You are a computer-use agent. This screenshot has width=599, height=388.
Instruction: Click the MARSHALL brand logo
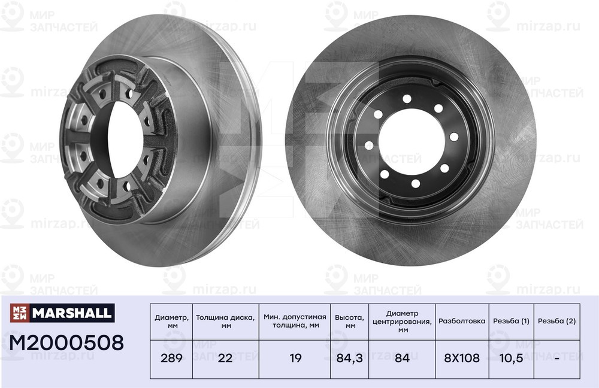click(x=62, y=313)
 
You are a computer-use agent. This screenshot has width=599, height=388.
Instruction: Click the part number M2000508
click(x=66, y=342)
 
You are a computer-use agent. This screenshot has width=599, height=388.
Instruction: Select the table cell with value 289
click(x=171, y=358)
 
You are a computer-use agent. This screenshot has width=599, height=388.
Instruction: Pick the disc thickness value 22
click(x=225, y=358)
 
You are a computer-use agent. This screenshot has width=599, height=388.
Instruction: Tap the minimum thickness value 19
click(x=295, y=358)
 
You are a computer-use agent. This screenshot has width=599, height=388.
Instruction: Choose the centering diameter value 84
click(x=403, y=358)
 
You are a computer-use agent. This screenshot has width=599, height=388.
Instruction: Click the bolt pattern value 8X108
click(x=461, y=358)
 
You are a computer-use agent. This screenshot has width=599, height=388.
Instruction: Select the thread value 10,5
click(x=511, y=358)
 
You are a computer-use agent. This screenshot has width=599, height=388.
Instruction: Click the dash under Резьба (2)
click(x=556, y=359)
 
